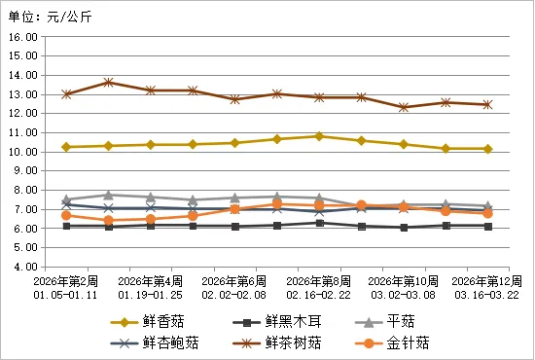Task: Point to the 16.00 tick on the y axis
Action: [x=22, y=37]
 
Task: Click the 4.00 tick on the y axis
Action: [x=24, y=267]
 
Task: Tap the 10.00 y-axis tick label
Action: [x=22, y=152]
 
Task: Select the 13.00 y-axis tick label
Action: [x=22, y=94]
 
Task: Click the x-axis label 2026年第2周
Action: [x=65, y=280]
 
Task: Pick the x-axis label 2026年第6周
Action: [x=234, y=280]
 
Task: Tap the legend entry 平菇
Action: [x=399, y=321]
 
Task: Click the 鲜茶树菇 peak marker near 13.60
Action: [x=108, y=83]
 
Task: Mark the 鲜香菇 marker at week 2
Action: [x=66, y=147]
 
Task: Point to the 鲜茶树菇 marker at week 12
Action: [x=487, y=104]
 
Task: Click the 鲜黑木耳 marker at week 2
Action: [x=66, y=226]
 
